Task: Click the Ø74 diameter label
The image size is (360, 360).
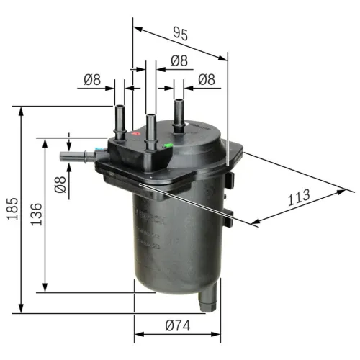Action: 177,325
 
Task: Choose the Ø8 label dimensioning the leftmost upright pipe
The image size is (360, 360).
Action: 91,80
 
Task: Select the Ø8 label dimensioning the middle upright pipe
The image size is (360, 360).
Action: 177,61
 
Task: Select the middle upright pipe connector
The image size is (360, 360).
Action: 150,130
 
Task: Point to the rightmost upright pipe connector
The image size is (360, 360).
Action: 178,112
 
